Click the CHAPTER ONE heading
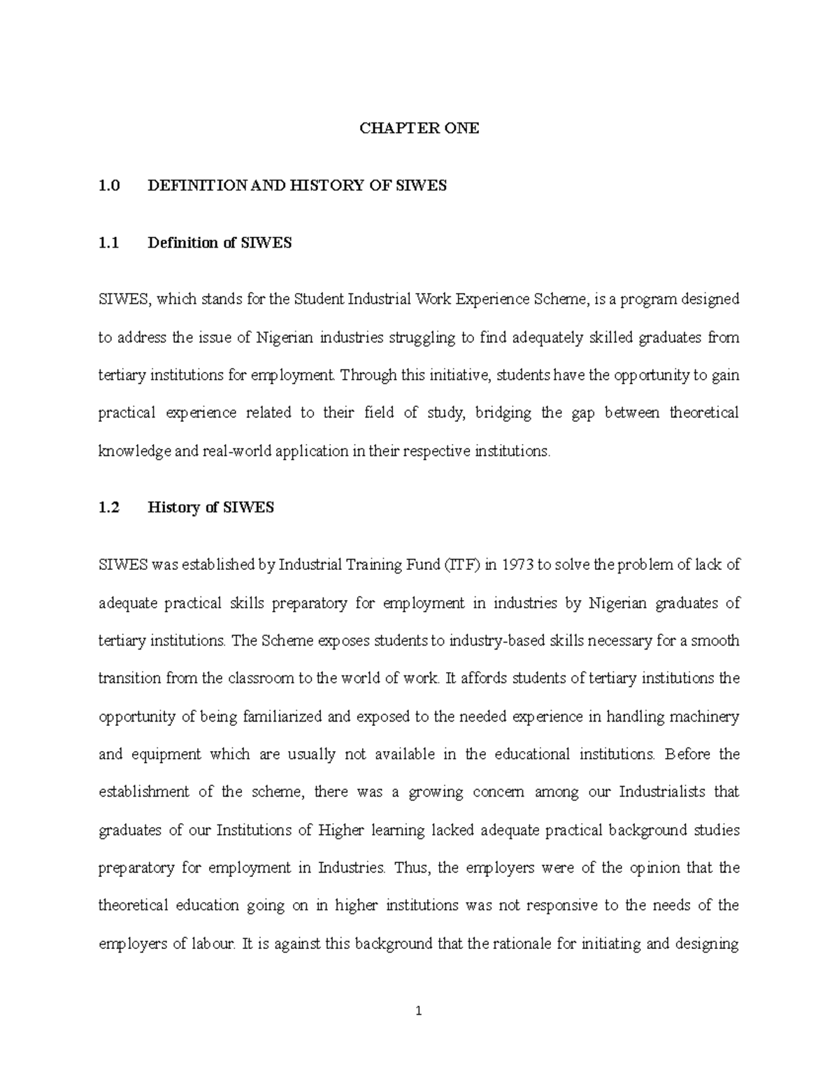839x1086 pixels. [x=419, y=128]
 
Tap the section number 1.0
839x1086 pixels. [x=109, y=185]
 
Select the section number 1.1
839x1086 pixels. [x=109, y=243]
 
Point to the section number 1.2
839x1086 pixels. [x=109, y=508]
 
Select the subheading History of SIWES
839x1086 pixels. [x=210, y=508]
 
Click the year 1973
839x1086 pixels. [x=516, y=565]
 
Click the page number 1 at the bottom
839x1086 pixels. [x=419, y=1010]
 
